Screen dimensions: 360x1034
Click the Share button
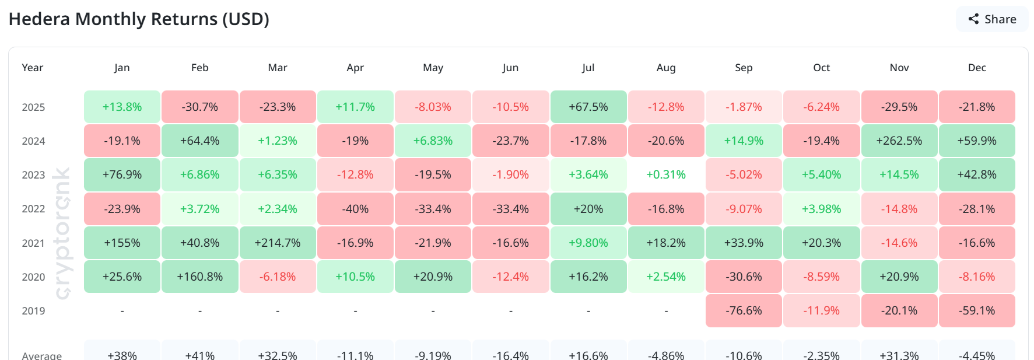coord(991,19)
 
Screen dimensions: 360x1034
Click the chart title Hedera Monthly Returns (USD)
coord(139,19)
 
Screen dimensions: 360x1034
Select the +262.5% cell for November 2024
coord(899,141)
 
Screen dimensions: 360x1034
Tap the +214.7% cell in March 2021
coord(278,243)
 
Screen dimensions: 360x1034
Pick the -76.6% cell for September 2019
coord(744,310)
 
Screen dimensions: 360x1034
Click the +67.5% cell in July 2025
coord(588,107)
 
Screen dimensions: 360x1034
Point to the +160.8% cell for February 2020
coord(200,277)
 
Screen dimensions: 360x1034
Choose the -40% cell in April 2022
coord(355,209)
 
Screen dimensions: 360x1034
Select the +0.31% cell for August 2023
coord(666,174)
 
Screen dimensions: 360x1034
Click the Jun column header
coord(510,68)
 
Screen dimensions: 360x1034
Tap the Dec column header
coord(977,68)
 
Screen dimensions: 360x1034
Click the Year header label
coord(33,68)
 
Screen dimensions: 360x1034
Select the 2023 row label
coord(33,175)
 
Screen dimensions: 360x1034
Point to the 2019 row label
coord(33,311)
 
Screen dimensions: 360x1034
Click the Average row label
coord(41,355)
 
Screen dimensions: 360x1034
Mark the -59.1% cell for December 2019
coord(977,310)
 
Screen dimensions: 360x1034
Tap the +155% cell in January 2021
coord(122,243)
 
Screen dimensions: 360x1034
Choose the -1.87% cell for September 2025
coord(744,107)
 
